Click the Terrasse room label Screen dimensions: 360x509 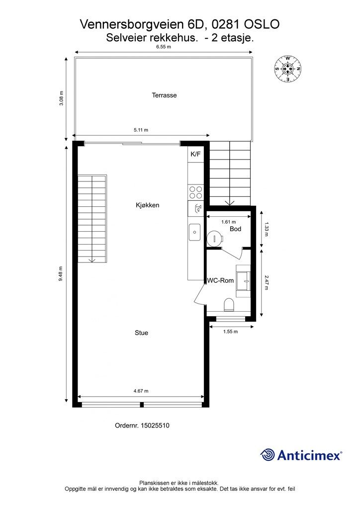click(x=164, y=95)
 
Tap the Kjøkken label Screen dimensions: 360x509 click(x=147, y=205)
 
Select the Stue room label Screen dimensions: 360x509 click(x=141, y=333)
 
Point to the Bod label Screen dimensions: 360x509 click(x=235, y=229)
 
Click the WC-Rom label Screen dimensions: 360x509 click(x=220, y=280)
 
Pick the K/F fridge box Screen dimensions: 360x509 click(x=195, y=155)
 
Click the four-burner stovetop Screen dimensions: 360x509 click(x=195, y=192)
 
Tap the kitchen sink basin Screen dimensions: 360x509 click(x=195, y=232)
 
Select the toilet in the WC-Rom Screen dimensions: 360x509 click(x=229, y=305)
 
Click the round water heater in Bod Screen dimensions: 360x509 click(x=215, y=238)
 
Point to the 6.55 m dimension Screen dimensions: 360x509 click(x=164, y=47)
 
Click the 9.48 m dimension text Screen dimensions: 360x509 click(x=61, y=274)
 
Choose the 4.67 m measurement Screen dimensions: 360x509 click(x=141, y=391)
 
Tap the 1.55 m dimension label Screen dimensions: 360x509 click(x=231, y=332)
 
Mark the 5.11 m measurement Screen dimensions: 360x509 click(x=141, y=130)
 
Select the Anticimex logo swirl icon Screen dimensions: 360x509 click(x=268, y=454)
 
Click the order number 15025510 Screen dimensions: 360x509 click(x=155, y=425)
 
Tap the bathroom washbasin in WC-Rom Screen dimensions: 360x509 click(x=244, y=281)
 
